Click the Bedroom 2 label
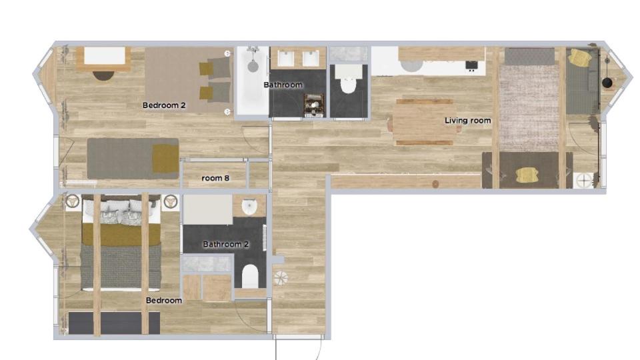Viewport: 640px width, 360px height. point(164,105)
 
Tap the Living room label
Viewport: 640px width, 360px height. point(467,121)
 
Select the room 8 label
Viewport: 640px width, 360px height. point(215,179)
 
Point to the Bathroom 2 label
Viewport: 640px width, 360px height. point(226,245)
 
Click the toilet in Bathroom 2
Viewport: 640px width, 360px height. point(250,276)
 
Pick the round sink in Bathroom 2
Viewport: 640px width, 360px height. point(249,207)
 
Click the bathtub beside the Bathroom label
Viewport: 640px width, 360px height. point(253,81)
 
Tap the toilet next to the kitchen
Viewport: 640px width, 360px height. point(348,79)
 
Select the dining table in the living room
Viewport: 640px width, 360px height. point(425,122)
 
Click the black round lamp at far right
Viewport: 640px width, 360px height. point(607,83)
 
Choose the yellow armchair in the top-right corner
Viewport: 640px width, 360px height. point(580,57)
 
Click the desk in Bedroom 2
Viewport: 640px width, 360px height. point(104,59)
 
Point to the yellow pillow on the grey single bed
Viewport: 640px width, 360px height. point(166,159)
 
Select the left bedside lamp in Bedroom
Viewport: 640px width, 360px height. point(73,201)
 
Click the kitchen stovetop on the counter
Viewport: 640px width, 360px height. point(471,65)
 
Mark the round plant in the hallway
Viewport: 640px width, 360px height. point(281,279)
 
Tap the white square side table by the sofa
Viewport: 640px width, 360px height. point(584,180)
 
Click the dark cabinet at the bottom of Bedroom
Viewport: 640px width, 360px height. point(114,323)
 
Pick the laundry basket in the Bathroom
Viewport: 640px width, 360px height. point(314,105)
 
